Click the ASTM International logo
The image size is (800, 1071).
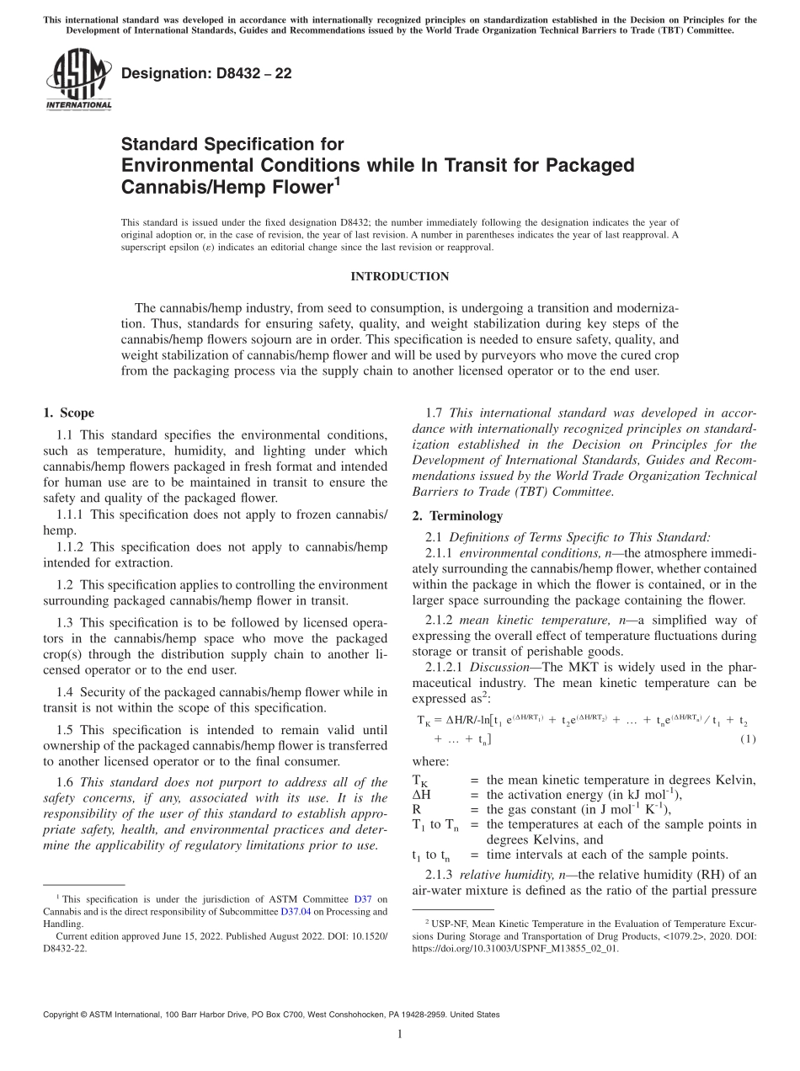[77, 80]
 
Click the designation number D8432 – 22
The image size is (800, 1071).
[206, 73]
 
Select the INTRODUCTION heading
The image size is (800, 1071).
[399, 276]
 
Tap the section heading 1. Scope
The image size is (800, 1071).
[68, 413]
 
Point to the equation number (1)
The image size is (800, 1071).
[747, 739]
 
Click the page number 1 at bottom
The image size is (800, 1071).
[400, 1034]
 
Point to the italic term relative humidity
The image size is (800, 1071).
[500, 873]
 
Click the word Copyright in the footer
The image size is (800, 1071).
[65, 1015]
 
